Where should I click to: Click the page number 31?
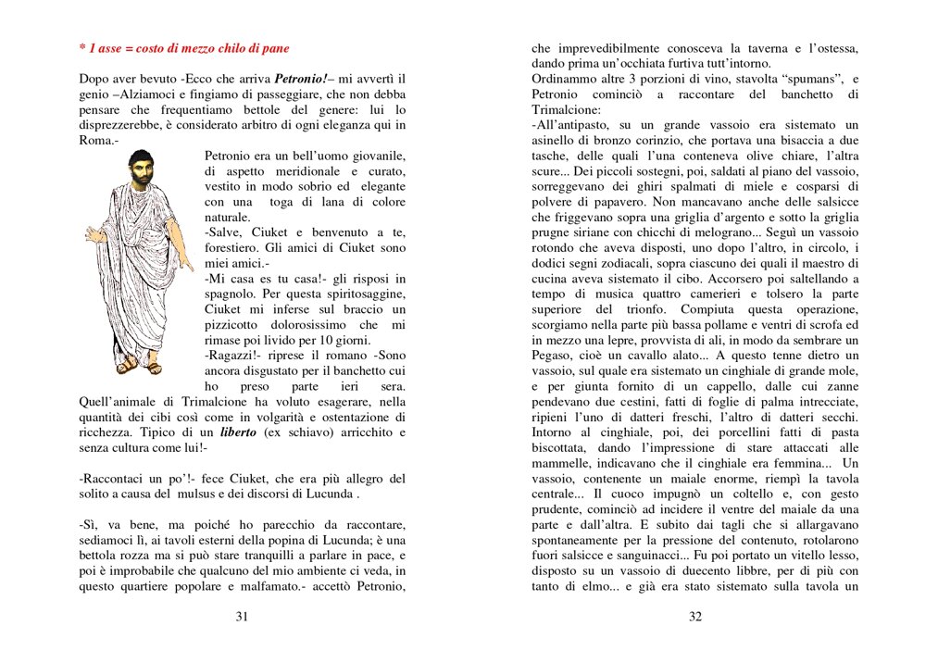(x=242, y=618)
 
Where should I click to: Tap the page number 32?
(x=695, y=618)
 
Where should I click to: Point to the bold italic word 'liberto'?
(x=238, y=432)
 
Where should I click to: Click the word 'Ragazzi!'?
(x=232, y=356)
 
